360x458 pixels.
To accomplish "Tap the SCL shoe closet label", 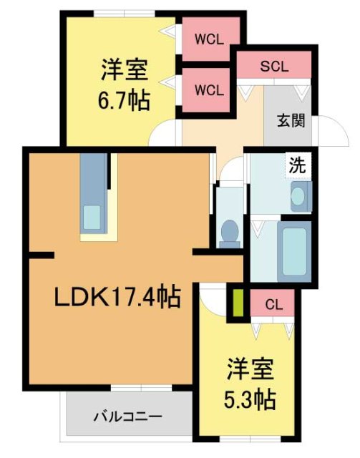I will coord(273,67).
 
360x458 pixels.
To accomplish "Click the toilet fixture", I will coord(230,231).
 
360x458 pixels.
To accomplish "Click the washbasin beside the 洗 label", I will coord(301,194).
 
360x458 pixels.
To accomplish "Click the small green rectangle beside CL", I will coord(235,303).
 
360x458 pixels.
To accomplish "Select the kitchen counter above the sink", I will coord(92,178).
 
